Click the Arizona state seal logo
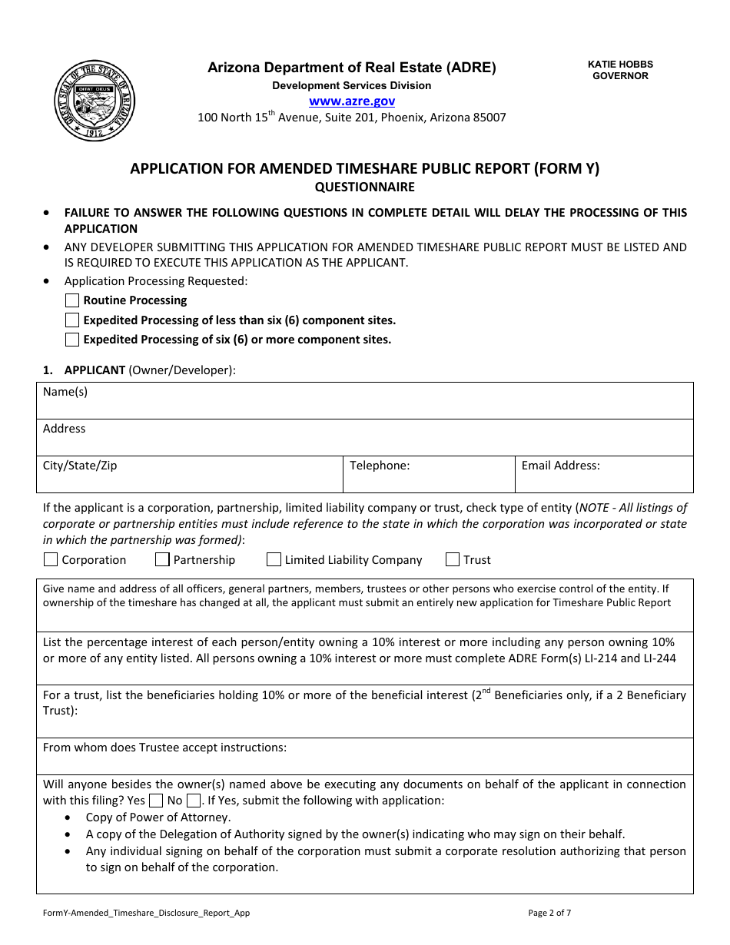point(95,101)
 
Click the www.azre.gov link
point(352,101)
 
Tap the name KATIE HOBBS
point(620,65)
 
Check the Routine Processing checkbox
point(72,300)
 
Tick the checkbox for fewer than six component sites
point(72,320)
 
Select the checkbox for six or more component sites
point(72,340)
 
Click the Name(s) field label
point(65,392)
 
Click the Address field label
point(65,429)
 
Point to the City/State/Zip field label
point(80,466)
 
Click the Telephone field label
point(380,466)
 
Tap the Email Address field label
point(560,466)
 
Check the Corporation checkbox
point(51,559)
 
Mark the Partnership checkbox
point(162,559)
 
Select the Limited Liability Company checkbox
point(274,559)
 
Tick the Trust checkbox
point(453,559)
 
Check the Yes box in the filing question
point(156,801)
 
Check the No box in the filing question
point(194,801)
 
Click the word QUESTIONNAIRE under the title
point(364,187)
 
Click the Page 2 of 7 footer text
point(549,913)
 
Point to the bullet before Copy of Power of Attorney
point(70,817)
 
